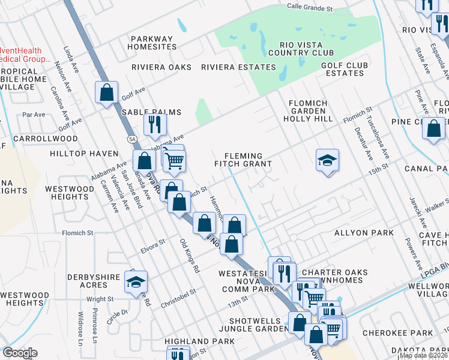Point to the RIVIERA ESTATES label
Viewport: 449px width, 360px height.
[238, 67]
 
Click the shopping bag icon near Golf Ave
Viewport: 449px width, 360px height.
[106, 92]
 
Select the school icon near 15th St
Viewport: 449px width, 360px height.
[327, 160]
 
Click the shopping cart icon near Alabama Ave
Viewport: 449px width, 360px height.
[174, 160]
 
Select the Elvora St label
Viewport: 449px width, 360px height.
[152, 244]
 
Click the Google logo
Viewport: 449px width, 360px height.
[19, 353]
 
